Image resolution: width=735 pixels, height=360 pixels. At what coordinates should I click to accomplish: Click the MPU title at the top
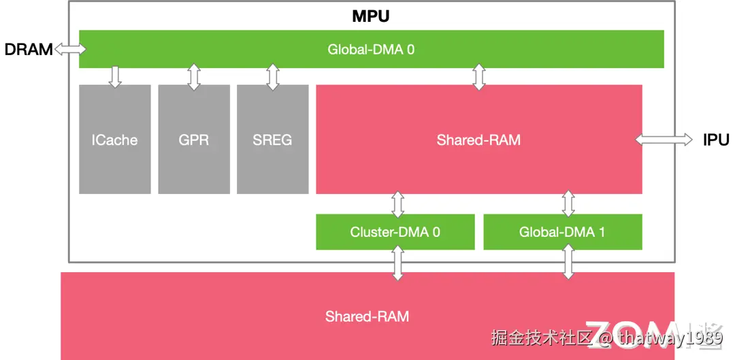tap(371, 16)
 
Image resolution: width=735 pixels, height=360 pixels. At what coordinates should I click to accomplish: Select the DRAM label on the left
tap(28, 50)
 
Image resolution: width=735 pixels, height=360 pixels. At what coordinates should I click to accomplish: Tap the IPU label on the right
tap(716, 140)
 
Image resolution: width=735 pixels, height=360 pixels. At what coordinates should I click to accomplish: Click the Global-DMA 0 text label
tap(371, 49)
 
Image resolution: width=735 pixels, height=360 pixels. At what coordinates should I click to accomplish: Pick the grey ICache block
tap(114, 140)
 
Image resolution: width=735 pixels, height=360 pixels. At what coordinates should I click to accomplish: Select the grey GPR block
tap(194, 140)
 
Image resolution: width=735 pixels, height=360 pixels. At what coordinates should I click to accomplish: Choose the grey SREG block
tap(272, 140)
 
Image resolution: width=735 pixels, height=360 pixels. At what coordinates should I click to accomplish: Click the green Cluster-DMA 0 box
tap(395, 232)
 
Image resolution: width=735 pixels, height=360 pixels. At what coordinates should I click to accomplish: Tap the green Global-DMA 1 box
tap(562, 232)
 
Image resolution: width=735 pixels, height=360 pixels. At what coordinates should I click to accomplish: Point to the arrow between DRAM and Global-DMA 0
tap(70, 49)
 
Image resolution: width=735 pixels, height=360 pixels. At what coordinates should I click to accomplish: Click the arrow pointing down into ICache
tap(114, 76)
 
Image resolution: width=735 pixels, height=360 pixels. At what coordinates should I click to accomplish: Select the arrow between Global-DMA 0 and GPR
tap(194, 77)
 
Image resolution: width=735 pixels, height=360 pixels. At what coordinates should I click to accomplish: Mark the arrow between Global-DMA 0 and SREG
tap(273, 77)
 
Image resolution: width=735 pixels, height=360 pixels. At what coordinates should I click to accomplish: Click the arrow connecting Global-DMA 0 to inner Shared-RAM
tap(479, 77)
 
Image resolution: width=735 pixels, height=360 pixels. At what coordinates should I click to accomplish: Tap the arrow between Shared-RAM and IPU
tap(664, 140)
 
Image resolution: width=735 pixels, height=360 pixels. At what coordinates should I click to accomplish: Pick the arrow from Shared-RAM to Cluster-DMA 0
tap(398, 204)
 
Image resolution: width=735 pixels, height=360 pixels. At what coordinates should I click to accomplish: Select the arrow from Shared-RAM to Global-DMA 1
tap(568, 204)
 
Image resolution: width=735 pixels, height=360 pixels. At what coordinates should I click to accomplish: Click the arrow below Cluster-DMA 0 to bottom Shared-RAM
tap(397, 263)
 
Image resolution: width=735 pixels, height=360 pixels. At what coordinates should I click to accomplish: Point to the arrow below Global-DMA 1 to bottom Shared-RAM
tap(567, 263)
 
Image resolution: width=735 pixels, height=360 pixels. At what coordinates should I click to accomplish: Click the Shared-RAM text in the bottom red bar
tap(367, 316)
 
